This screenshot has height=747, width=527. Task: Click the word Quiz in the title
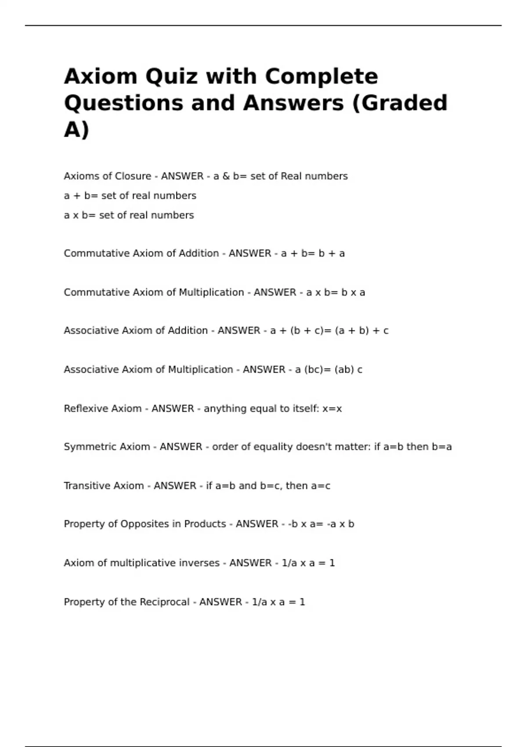(x=172, y=76)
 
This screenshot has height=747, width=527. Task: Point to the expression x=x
(x=332, y=409)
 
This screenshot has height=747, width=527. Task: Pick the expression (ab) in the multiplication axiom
(x=344, y=370)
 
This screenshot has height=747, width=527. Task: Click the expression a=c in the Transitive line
(x=321, y=486)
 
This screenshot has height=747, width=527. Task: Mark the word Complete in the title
(x=321, y=76)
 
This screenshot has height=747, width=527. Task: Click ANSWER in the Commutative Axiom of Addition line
(x=250, y=254)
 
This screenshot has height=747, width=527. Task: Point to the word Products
(x=205, y=524)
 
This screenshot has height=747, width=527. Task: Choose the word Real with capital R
(x=291, y=176)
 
